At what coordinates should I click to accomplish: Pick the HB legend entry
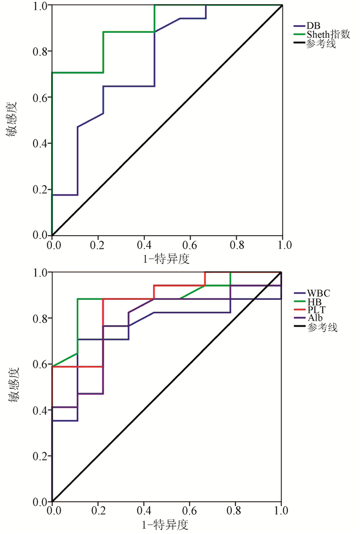(x=314, y=302)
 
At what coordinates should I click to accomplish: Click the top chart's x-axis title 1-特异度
(x=167, y=258)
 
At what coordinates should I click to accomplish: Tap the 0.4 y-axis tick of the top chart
(x=40, y=144)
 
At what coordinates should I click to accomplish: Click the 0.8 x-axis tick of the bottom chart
(x=236, y=510)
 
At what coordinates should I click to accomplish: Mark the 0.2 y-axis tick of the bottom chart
(x=40, y=456)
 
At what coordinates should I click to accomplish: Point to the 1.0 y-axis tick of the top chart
(x=40, y=6)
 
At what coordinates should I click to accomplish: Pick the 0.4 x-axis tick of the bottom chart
(x=143, y=510)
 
